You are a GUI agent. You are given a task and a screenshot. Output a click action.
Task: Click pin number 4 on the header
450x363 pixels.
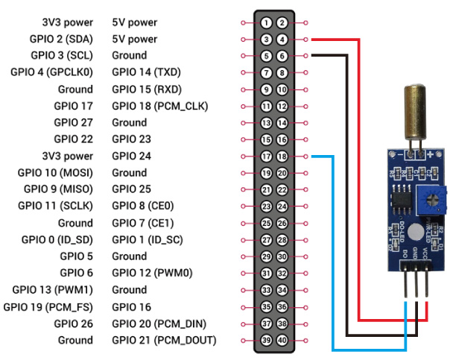pos(282,39)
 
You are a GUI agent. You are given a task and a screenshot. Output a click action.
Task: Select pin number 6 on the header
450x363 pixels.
pos(282,56)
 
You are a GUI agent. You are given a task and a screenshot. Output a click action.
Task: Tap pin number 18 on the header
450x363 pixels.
pos(282,157)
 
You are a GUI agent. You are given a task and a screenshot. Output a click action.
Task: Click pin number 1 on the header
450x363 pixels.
pos(266,22)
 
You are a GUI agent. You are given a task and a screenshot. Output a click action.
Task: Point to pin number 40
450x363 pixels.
pos(282,341)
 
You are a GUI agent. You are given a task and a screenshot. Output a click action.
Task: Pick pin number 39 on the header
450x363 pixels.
pos(266,341)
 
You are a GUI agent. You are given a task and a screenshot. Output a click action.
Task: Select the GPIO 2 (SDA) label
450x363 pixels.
pos(62,39)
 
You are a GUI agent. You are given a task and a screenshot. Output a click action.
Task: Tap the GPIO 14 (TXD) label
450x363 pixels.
pos(147,72)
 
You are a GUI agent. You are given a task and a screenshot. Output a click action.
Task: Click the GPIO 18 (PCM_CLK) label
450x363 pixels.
pos(160,106)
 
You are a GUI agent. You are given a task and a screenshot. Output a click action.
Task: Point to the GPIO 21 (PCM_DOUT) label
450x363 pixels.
pos(164,341)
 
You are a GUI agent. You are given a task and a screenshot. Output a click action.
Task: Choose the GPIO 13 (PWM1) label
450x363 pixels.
pos(53,290)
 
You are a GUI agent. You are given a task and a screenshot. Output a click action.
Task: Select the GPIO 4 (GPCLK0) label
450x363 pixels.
pos(51,72)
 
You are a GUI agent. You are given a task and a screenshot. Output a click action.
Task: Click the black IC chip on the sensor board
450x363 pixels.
pos(396,196)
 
